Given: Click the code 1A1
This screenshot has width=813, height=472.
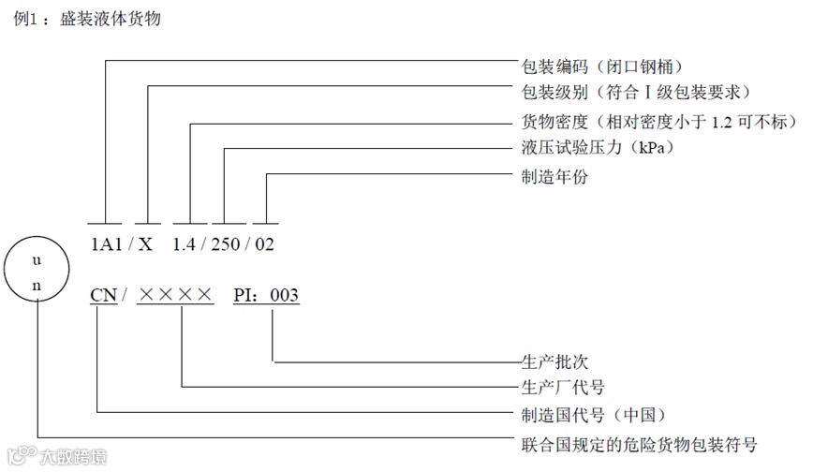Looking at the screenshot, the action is point(106,245).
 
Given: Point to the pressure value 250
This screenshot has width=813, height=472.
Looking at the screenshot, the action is point(228,245).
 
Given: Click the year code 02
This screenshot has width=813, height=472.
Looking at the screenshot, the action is point(265,245).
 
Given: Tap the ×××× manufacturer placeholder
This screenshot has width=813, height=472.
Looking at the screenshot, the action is point(176,296).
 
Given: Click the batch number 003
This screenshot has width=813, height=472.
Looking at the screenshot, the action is point(285,296).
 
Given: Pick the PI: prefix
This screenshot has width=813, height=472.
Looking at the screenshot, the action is point(247,296).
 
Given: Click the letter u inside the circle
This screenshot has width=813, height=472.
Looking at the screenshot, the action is point(37,260).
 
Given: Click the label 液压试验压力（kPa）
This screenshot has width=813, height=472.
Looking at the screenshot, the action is point(598,148).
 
